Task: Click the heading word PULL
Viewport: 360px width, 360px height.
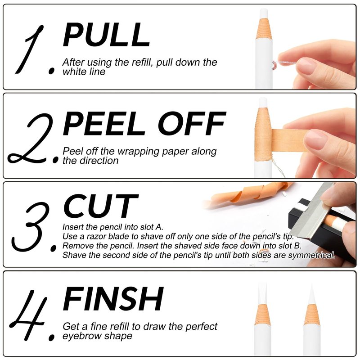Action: pyautogui.click(x=106, y=35)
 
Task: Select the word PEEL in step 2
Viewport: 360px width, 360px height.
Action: pyautogui.click(x=104, y=123)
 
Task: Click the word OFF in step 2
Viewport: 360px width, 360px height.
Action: pyautogui.click(x=192, y=123)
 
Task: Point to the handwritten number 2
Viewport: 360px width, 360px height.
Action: pyautogui.click(x=30, y=139)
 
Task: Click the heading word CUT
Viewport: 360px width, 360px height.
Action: pyautogui.click(x=100, y=206)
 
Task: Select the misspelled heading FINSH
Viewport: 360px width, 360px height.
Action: pyautogui.click(x=113, y=299)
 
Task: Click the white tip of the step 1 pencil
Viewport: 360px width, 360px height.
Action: pyautogui.click(x=264, y=13)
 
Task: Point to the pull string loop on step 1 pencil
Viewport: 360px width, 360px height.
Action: pyautogui.click(x=274, y=65)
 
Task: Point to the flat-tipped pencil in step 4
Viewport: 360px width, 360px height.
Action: pyautogui.click(x=263, y=319)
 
